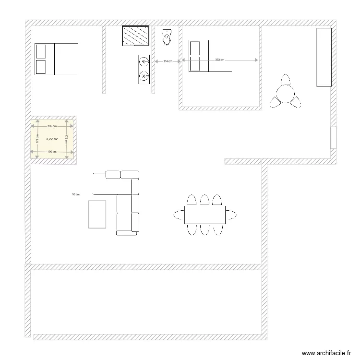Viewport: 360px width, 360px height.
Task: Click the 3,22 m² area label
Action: click(x=52, y=139)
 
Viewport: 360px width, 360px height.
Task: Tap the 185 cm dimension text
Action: click(x=52, y=126)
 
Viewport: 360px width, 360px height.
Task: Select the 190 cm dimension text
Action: click(x=52, y=152)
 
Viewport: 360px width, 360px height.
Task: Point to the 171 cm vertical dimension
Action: click(x=37, y=139)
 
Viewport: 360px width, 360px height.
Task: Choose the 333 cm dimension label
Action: click(x=219, y=60)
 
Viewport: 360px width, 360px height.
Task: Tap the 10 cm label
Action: click(x=75, y=194)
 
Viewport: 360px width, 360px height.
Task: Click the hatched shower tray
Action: click(x=137, y=36)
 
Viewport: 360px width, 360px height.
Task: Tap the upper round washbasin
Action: click(x=144, y=61)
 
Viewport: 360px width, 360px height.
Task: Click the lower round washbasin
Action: click(x=144, y=76)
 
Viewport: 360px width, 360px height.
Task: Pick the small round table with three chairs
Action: click(x=286, y=93)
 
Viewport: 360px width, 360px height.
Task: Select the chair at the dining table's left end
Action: click(x=179, y=214)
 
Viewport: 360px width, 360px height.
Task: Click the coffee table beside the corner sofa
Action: click(x=97, y=214)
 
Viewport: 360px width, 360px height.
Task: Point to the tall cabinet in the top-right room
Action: click(x=324, y=57)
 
